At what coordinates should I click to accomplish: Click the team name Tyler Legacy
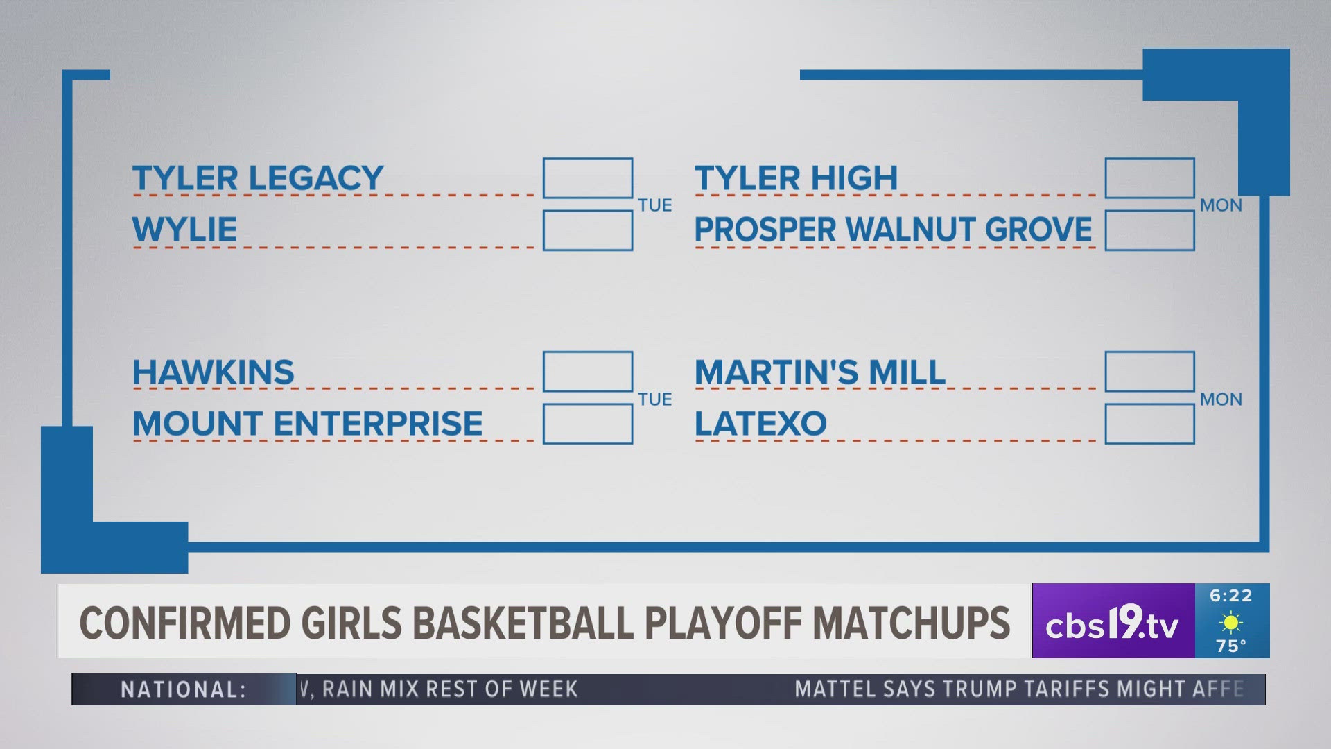click(258, 178)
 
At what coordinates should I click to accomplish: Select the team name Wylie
click(184, 230)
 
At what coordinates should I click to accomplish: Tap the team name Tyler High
click(796, 178)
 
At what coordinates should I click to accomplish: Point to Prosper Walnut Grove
click(893, 230)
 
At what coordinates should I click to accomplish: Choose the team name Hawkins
click(214, 372)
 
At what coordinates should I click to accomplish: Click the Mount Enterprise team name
click(307, 424)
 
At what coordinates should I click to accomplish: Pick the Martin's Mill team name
click(820, 372)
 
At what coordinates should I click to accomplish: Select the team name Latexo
click(760, 424)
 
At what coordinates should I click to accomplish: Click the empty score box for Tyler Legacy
click(588, 178)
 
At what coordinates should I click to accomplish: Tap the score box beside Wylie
click(588, 230)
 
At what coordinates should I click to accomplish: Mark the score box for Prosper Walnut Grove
click(1150, 230)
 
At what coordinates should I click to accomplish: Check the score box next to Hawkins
click(588, 372)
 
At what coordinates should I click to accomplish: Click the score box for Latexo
click(1150, 424)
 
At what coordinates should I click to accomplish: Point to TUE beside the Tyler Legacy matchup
click(655, 205)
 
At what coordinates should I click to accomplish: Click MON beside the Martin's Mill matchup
click(1221, 399)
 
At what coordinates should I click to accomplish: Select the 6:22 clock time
click(1231, 596)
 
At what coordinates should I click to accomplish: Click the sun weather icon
click(1231, 623)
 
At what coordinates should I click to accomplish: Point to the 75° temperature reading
click(1231, 646)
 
